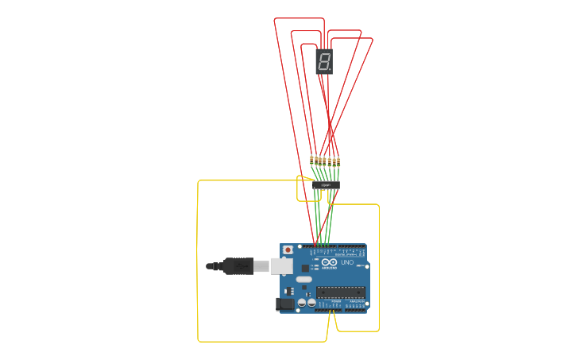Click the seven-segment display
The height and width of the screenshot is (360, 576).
click(x=324, y=61)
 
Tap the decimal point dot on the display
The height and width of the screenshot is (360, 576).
click(x=331, y=69)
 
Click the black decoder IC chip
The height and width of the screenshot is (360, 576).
click(x=326, y=185)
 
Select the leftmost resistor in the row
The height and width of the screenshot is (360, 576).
click(x=312, y=161)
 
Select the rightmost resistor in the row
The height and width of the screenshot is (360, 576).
click(x=338, y=161)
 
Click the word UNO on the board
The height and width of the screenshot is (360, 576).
click(x=347, y=262)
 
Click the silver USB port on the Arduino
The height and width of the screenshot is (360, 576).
click(x=281, y=265)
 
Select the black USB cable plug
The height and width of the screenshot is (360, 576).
click(x=238, y=266)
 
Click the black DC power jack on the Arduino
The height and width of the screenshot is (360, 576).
click(x=284, y=303)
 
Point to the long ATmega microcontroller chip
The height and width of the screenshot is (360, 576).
click(x=342, y=292)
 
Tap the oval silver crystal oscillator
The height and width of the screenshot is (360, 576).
click(x=303, y=279)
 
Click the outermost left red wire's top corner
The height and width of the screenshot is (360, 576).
click(x=275, y=19)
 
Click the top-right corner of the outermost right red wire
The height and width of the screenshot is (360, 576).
click(x=372, y=39)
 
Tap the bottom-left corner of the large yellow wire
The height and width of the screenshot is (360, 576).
click(x=199, y=341)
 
